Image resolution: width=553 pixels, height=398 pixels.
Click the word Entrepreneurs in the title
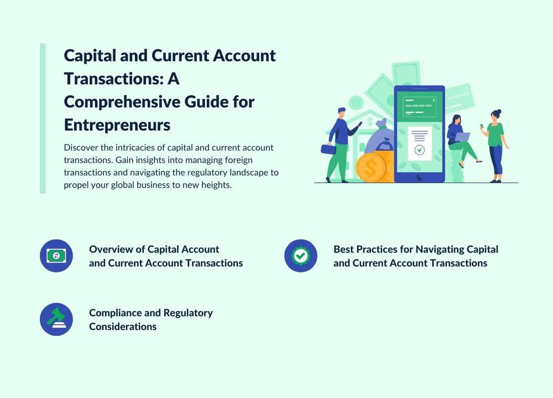coord(117,125)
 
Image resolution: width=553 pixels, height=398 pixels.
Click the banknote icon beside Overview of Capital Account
coord(56,256)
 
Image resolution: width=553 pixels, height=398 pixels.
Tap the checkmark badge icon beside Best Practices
coord(301,256)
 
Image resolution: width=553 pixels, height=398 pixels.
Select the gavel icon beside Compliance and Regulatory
coord(56,319)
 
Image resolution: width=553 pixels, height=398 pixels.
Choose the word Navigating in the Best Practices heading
coord(440,250)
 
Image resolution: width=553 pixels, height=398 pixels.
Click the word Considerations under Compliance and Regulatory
coord(123,327)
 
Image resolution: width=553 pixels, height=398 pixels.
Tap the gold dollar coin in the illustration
coord(370,168)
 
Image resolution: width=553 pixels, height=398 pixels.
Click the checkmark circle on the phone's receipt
coord(420,149)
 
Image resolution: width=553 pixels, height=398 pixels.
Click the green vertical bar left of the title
coord(43,118)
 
